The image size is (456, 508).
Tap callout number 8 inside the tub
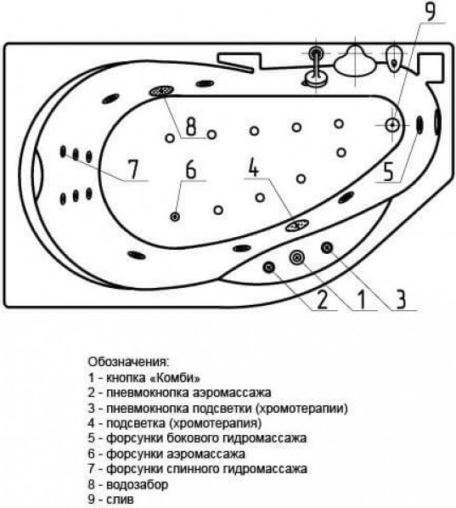(191, 126)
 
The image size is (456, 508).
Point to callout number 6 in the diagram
(191, 169)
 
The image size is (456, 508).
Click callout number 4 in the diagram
(254, 167)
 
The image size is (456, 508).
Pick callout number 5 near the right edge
(388, 172)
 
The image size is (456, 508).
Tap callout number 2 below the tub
(322, 299)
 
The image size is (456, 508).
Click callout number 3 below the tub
(401, 299)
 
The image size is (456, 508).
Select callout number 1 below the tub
(362, 299)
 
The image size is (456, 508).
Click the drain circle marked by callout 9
(392, 125)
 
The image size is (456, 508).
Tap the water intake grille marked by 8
(161, 91)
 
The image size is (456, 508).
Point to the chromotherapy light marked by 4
(296, 225)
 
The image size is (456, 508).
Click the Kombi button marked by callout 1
(296, 257)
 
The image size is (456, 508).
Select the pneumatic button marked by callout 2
(269, 267)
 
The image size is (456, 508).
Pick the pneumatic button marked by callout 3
(327, 248)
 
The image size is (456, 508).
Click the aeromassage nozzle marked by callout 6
(175, 217)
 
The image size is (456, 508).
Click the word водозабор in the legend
(138, 484)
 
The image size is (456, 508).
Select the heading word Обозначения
(128, 362)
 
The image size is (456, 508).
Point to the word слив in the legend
(120, 500)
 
